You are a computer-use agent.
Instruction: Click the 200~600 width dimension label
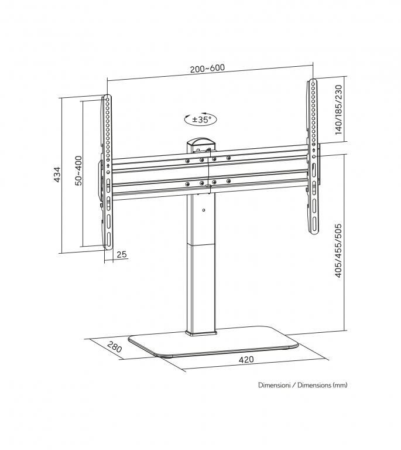(207, 69)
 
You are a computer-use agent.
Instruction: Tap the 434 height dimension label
(57, 174)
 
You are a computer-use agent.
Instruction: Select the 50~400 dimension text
(78, 171)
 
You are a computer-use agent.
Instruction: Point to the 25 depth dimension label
(122, 254)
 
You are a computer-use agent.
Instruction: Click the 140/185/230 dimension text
(338, 110)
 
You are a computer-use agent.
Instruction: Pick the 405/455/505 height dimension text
(338, 251)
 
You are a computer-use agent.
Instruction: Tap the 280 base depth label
(115, 347)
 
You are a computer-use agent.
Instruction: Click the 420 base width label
(246, 359)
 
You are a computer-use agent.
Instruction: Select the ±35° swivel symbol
(200, 119)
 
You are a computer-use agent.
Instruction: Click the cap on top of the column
(201, 142)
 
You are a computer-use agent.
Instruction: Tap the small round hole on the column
(203, 210)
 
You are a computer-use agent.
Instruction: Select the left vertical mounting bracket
(108, 172)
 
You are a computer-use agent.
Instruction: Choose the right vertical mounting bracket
(313, 156)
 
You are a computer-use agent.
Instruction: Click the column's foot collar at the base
(201, 333)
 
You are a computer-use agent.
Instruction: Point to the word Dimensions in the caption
(314, 385)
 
